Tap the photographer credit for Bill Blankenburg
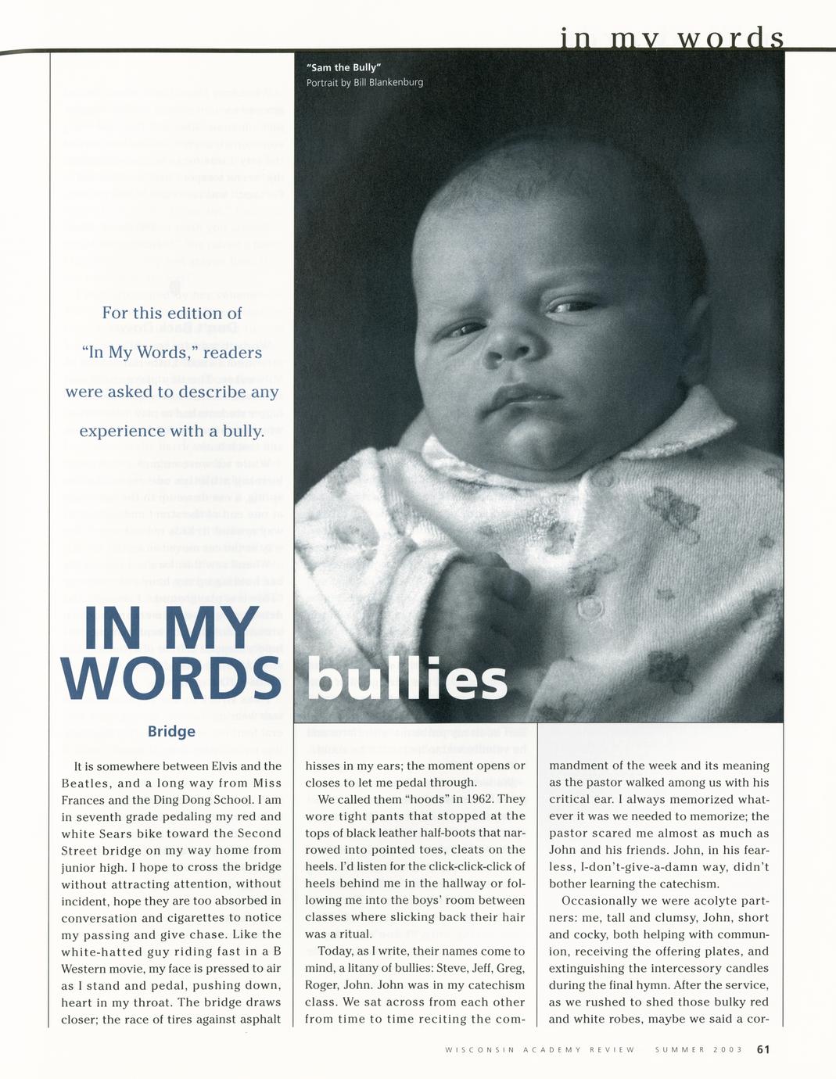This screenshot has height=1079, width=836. point(364,83)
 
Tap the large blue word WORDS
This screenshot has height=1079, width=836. point(170,677)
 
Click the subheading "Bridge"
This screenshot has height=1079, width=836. point(171,732)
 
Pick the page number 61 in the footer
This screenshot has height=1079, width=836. point(763,1049)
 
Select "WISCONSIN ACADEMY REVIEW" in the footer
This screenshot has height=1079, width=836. point(540,1050)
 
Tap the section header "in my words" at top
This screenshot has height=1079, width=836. point(672,38)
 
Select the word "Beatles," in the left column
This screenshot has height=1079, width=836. point(84,783)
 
